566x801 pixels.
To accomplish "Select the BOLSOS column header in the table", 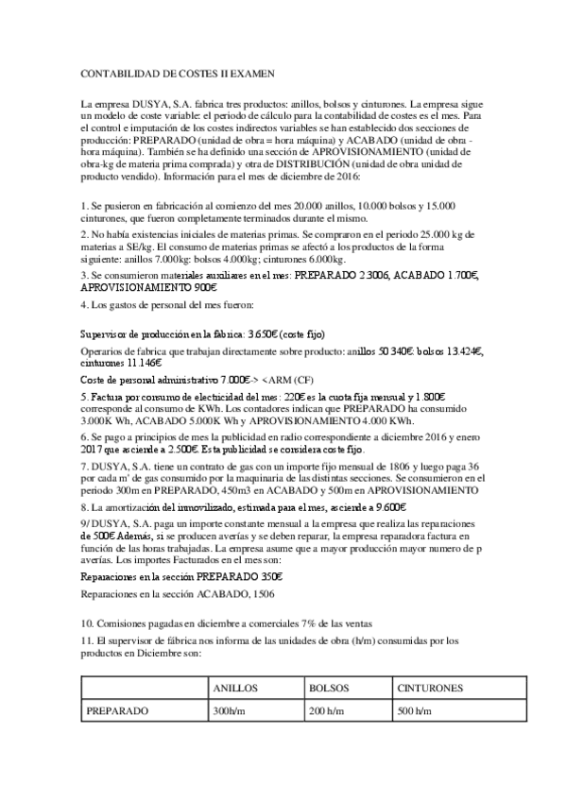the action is tap(328, 688).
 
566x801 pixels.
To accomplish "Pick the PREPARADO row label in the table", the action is tap(116, 710).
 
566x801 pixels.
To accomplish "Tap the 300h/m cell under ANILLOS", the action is tap(232, 710).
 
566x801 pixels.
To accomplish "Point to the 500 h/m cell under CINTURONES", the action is tap(414, 710).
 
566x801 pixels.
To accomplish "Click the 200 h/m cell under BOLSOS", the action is tap(325, 710).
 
